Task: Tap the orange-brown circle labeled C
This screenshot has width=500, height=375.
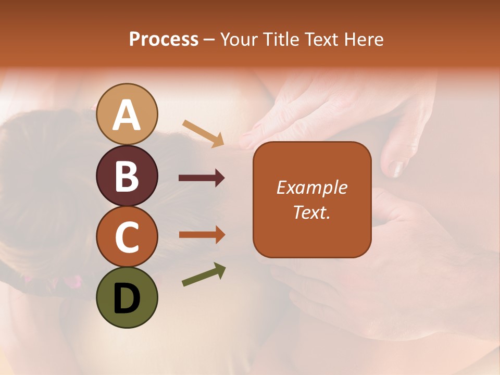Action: [127, 236]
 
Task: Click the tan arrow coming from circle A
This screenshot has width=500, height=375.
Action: [203, 133]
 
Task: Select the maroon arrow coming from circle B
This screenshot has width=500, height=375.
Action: [202, 178]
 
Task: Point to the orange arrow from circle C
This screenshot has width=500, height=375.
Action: [202, 234]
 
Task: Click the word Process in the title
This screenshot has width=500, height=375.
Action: [164, 39]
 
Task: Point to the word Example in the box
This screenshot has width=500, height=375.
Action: [311, 187]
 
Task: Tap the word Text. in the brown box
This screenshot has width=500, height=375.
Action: [311, 212]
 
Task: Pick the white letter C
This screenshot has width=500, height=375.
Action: [127, 238]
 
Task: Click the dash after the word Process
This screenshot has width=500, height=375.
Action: [209, 40]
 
